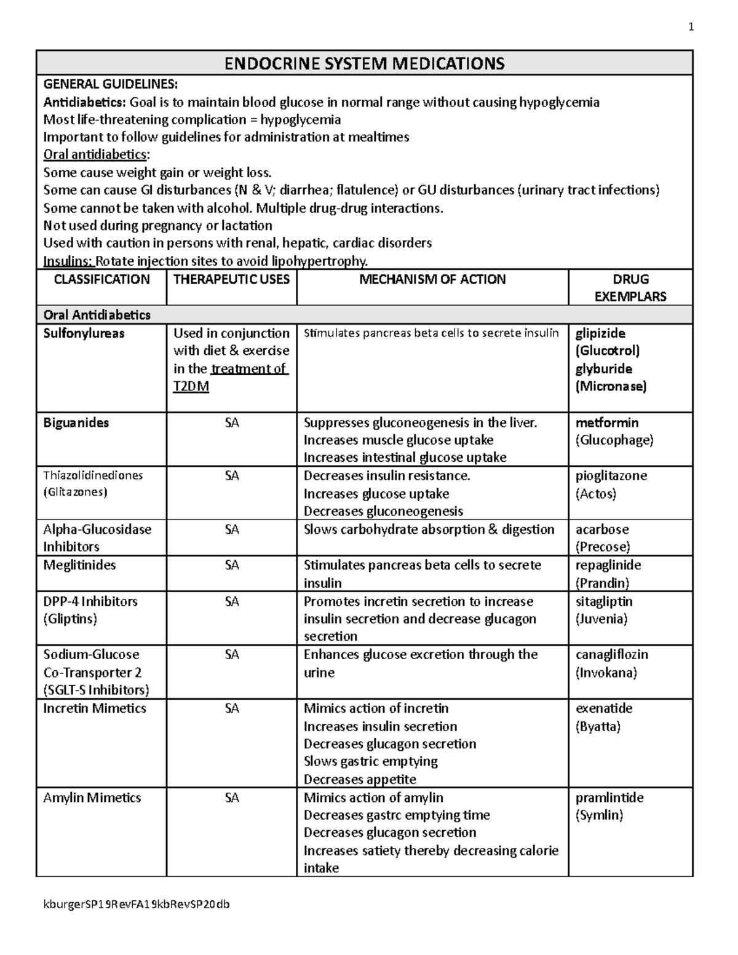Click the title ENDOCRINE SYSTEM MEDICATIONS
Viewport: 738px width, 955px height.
(364, 63)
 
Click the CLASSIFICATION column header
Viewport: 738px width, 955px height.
(101, 279)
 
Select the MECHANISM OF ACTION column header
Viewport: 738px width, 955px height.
(432, 279)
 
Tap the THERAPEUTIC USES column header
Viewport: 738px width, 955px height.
(231, 279)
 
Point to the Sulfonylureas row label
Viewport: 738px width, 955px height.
(84, 333)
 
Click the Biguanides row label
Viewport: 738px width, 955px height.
(76, 422)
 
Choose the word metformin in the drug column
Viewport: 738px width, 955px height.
(607, 422)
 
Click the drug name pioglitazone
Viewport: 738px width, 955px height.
(611, 476)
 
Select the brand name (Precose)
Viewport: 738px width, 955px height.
(603, 547)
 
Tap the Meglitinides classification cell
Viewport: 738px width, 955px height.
(79, 565)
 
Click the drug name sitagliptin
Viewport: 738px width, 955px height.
(604, 601)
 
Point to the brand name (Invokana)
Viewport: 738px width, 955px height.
(606, 672)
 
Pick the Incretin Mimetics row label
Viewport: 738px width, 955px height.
(95, 708)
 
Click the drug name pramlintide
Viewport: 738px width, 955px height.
(609, 798)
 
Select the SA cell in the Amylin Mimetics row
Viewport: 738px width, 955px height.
(231, 798)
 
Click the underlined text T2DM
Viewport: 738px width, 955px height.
(191, 387)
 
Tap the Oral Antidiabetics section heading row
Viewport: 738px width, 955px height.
(97, 315)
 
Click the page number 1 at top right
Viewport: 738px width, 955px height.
(691, 27)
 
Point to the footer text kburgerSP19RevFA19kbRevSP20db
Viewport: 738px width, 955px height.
(136, 904)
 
